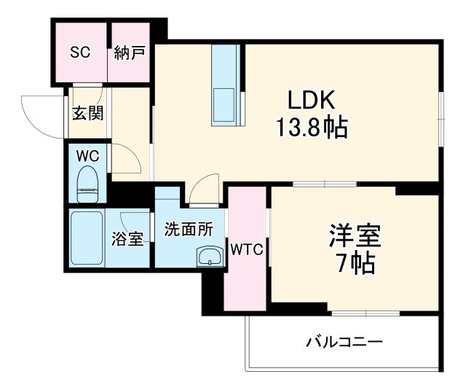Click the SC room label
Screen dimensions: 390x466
click(79, 53)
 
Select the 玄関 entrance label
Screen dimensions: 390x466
click(87, 113)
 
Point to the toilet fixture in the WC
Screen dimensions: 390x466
click(87, 185)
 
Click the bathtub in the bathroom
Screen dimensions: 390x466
click(88, 238)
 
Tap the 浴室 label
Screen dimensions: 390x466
click(127, 238)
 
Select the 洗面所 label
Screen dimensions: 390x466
click(189, 229)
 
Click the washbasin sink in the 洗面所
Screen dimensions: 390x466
click(210, 257)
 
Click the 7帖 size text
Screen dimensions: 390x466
click(355, 263)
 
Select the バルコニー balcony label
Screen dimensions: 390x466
click(344, 340)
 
